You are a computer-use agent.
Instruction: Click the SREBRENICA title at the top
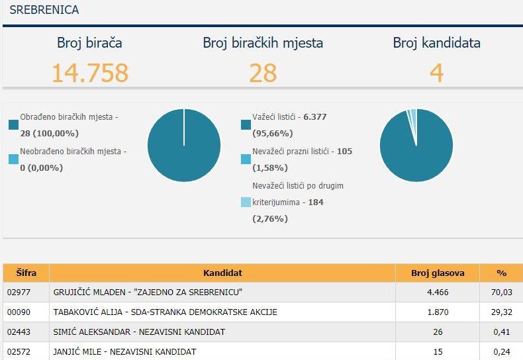pos(44,10)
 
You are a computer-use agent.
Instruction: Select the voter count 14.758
pos(90,73)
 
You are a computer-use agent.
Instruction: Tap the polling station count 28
pos(263,73)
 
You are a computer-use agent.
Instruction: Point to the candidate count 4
pos(437,73)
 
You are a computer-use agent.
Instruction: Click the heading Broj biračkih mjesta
pos(263,42)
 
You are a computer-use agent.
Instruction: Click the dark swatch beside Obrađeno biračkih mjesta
pos(14,124)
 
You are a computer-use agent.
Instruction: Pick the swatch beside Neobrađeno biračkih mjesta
pos(14,159)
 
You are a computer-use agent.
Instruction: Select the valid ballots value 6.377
pos(315,117)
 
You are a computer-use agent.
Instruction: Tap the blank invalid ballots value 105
pos(344,152)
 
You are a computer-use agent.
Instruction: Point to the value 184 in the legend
pos(316,202)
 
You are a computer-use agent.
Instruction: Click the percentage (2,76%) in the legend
pos(270,219)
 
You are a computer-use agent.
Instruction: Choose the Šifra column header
pos(26,273)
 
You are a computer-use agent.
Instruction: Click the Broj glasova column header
pos(438,273)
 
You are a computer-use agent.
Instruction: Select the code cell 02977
pos(19,292)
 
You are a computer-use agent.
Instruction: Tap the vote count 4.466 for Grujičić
pos(438,292)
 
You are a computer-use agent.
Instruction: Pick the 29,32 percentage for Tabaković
pos(501,312)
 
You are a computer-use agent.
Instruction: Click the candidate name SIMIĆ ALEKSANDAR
pos(92,332)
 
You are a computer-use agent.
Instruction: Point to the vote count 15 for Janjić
pos(438,351)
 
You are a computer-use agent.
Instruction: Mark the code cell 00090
pos(19,312)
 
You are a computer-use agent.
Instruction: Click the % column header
pos(501,273)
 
